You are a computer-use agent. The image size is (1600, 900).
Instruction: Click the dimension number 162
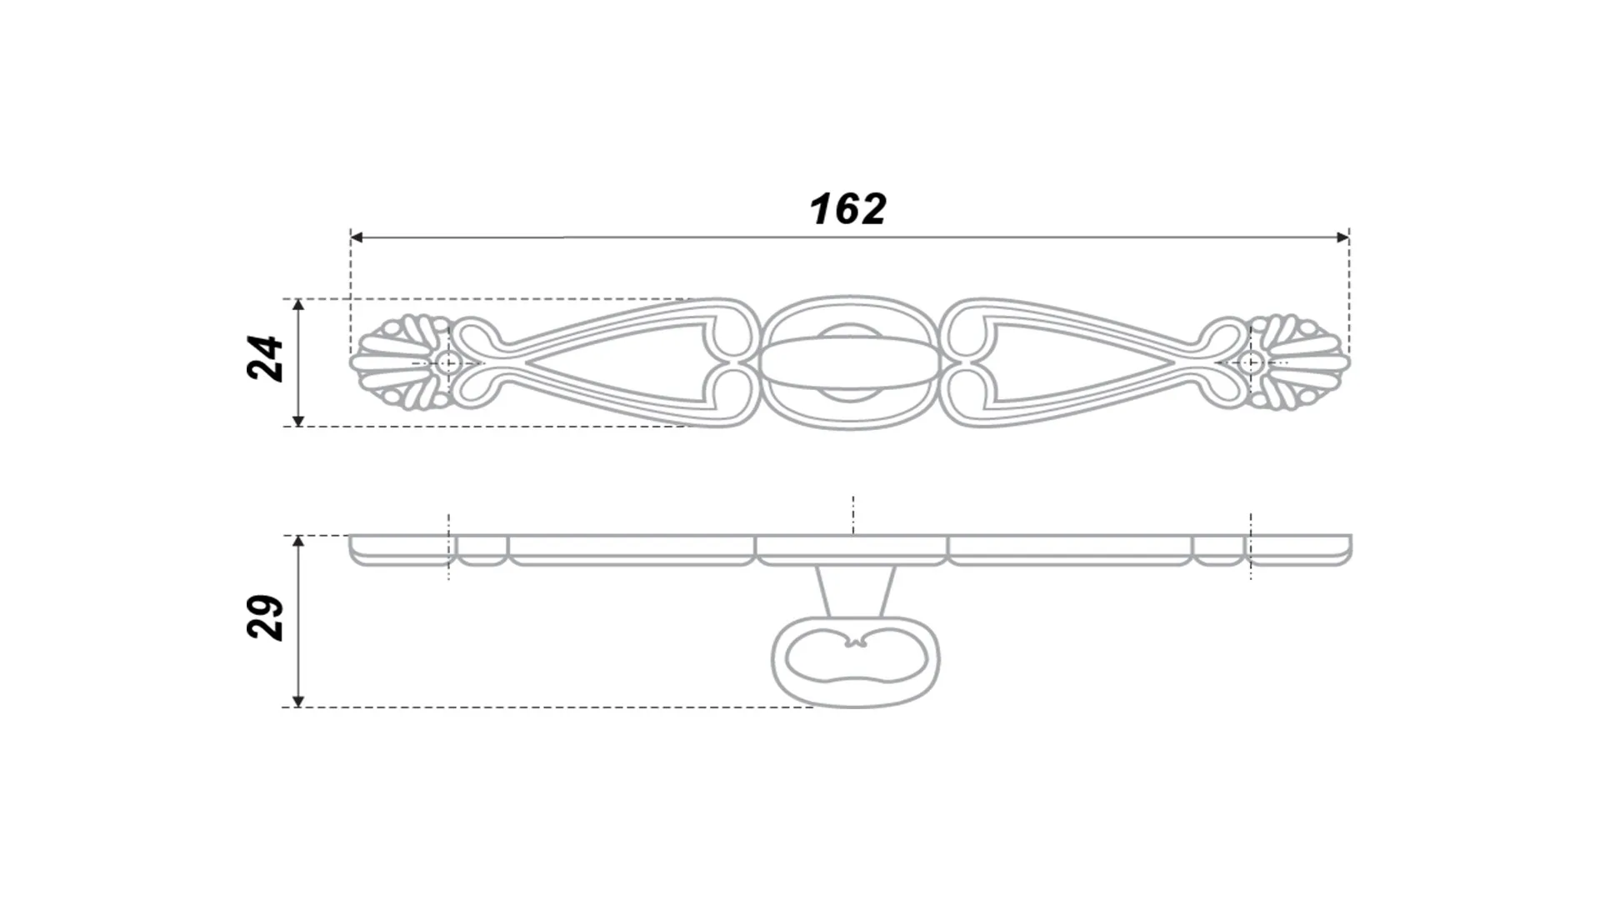(x=848, y=208)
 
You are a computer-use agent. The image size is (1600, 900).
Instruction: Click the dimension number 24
(x=266, y=359)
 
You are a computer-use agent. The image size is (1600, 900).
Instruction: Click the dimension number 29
(x=266, y=617)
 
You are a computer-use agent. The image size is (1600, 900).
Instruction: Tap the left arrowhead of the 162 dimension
(x=357, y=237)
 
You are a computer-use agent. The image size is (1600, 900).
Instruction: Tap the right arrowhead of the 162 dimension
(x=1342, y=237)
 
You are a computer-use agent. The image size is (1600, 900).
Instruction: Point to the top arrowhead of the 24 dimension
(x=299, y=305)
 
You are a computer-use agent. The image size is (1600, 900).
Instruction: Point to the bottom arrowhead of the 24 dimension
(x=299, y=420)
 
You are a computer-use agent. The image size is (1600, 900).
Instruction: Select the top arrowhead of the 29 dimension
(x=299, y=542)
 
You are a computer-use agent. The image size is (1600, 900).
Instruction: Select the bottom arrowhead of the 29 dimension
(x=299, y=700)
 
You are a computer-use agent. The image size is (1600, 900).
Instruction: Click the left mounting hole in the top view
(x=448, y=362)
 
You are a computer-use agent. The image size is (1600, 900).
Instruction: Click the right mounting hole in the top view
(x=1251, y=362)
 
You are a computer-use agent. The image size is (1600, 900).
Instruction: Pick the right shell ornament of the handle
(x=1300, y=362)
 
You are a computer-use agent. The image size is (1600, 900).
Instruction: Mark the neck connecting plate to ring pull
(x=856, y=592)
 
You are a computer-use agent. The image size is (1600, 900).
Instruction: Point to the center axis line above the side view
(x=853, y=512)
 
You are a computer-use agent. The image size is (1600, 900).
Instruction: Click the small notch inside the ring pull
(x=856, y=642)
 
